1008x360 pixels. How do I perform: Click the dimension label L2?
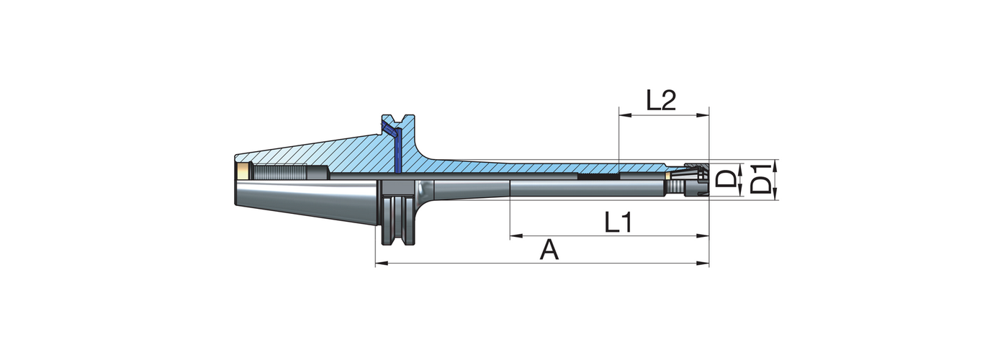pyautogui.click(x=660, y=100)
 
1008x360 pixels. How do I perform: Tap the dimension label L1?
pyautogui.click(x=618, y=222)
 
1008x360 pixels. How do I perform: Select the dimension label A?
pyautogui.click(x=549, y=251)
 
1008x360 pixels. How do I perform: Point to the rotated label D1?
pyautogui.click(x=762, y=180)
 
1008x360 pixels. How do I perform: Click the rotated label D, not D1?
pyautogui.click(x=729, y=179)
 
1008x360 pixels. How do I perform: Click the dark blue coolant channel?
pyautogui.click(x=395, y=148)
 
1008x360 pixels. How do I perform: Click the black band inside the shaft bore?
pyautogui.click(x=598, y=176)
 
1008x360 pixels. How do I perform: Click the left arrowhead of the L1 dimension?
pyautogui.click(x=513, y=235)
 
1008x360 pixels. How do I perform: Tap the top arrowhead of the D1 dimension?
pyautogui.click(x=775, y=162)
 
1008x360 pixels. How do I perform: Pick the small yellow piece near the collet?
pyautogui.click(x=670, y=174)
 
